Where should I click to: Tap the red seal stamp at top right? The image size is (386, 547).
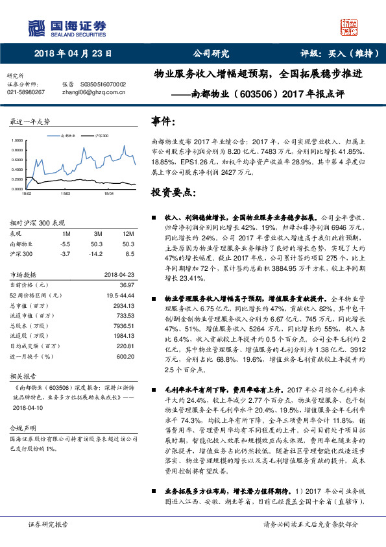pyautogui.click(x=349, y=27)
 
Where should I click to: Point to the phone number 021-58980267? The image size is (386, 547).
pyautogui.click(x=26, y=92)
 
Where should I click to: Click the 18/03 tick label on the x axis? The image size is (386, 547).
pyautogui.click(x=66, y=193)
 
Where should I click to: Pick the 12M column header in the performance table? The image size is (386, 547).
pyautogui.click(x=128, y=233)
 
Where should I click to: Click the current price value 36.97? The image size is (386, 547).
pyautogui.click(x=126, y=285)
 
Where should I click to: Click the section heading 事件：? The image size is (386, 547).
pyautogui.click(x=163, y=121)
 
